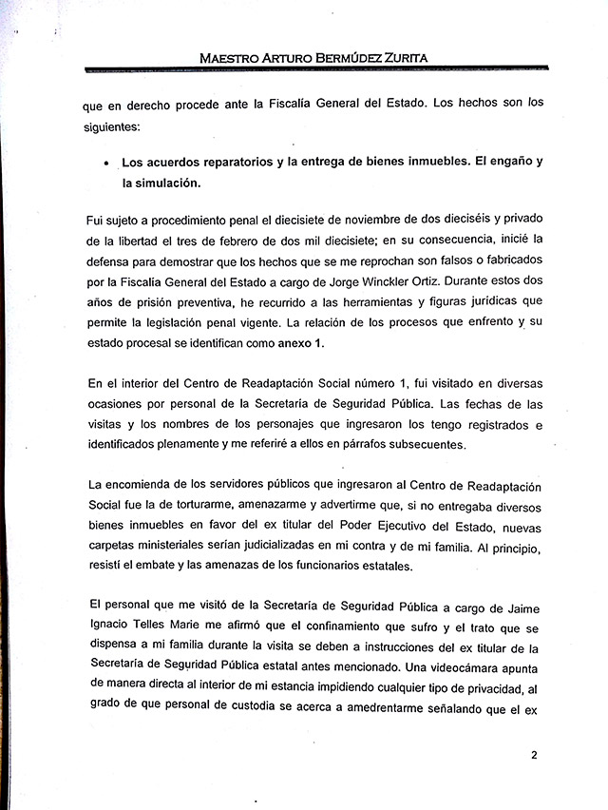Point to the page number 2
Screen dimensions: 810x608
tap(535, 756)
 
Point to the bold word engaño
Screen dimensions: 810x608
tap(495, 162)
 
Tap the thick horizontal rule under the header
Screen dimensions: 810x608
tap(315, 70)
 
